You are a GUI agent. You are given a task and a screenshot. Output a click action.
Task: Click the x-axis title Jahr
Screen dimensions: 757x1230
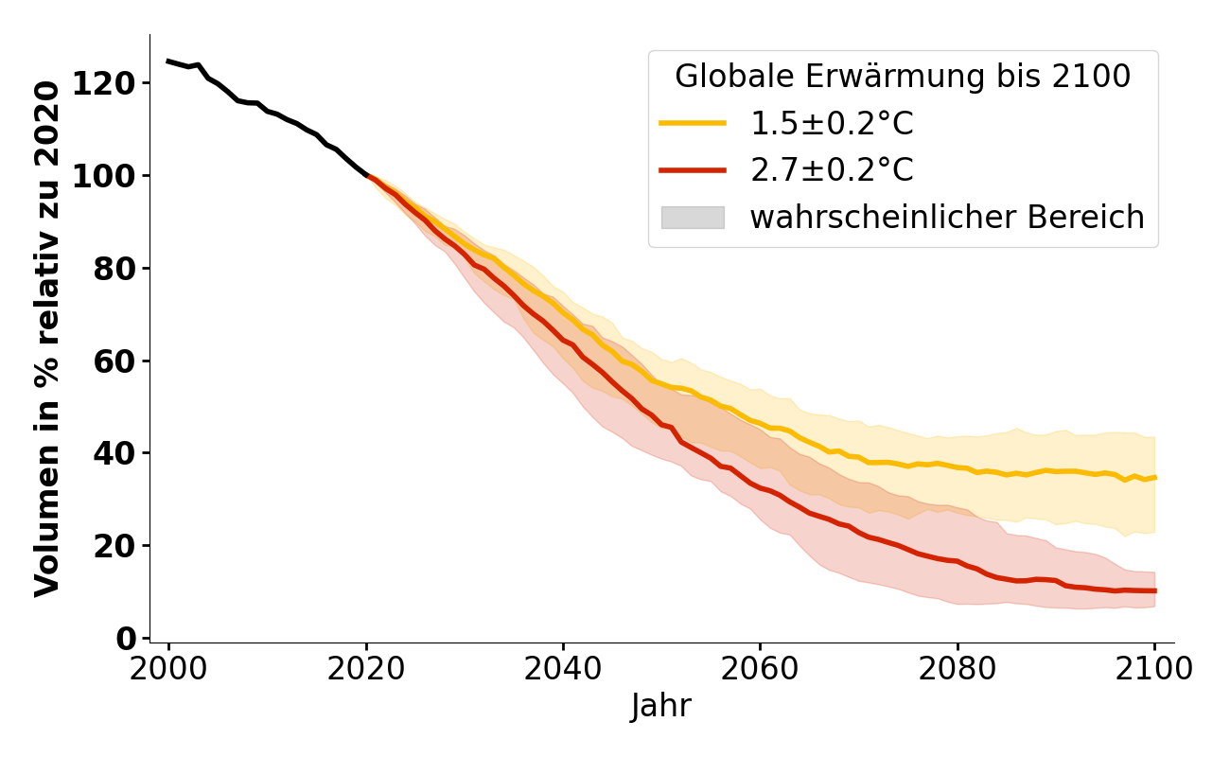coord(661,707)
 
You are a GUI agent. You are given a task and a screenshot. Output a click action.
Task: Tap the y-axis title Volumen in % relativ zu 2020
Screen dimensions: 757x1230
coord(47,339)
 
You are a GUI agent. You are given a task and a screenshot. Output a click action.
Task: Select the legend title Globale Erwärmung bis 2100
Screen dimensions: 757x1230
coord(903,77)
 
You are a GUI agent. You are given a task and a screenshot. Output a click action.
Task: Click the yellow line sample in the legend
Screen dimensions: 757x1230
coord(693,123)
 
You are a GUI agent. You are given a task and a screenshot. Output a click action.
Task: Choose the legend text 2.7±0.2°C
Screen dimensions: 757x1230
coord(832,170)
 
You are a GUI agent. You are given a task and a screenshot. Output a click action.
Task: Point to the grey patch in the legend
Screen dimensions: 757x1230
coord(693,218)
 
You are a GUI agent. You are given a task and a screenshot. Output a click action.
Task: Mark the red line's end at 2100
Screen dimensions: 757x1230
coord(1154,590)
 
